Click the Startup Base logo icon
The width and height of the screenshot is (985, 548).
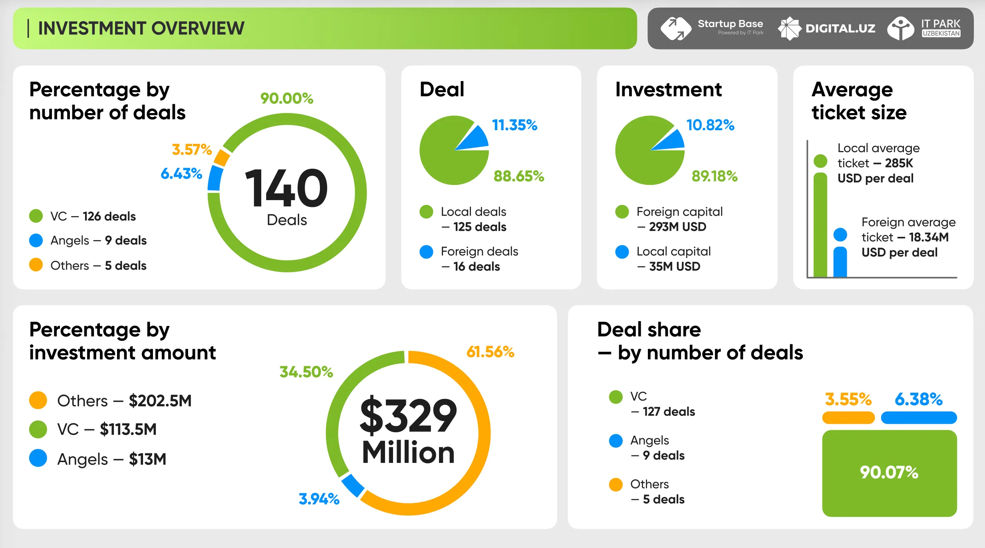click(x=676, y=28)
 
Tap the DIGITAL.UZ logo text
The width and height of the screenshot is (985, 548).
click(x=840, y=28)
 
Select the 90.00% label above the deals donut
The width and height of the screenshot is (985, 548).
click(x=286, y=98)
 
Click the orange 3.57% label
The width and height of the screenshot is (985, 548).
click(x=191, y=149)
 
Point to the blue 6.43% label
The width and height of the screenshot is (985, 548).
click(x=181, y=173)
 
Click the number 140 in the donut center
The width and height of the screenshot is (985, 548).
click(x=286, y=188)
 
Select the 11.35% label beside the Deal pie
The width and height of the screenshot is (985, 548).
click(x=514, y=125)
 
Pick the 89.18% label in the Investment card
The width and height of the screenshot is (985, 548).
click(x=715, y=176)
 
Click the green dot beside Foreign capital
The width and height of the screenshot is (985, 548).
click(x=622, y=212)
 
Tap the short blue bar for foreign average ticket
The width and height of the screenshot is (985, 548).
click(x=840, y=262)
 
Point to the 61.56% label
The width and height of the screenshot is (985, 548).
click(x=491, y=352)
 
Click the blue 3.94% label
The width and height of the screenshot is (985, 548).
click(x=319, y=499)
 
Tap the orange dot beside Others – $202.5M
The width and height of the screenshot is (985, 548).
click(x=38, y=400)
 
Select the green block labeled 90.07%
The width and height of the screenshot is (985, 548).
click(x=889, y=473)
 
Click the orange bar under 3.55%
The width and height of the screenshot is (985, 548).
click(x=848, y=418)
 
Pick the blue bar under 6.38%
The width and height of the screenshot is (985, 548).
click(x=919, y=418)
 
